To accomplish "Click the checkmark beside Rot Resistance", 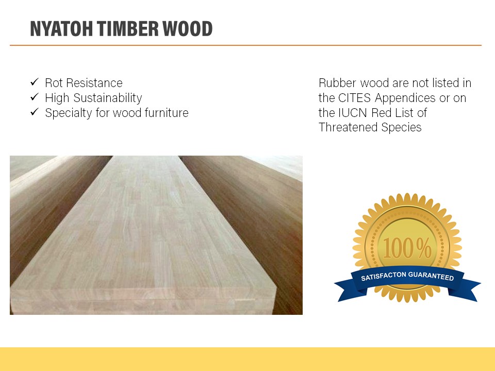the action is (35, 82).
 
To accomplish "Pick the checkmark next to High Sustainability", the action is (35, 97).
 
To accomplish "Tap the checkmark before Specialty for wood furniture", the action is (35, 112).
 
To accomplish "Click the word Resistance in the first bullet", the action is (94, 83).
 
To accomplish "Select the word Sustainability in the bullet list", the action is (108, 98).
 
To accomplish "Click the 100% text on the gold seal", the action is (407, 248).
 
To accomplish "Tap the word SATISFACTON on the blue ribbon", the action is (384, 276).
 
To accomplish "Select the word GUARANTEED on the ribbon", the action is (431, 276).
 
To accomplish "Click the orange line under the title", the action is (245, 45).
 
